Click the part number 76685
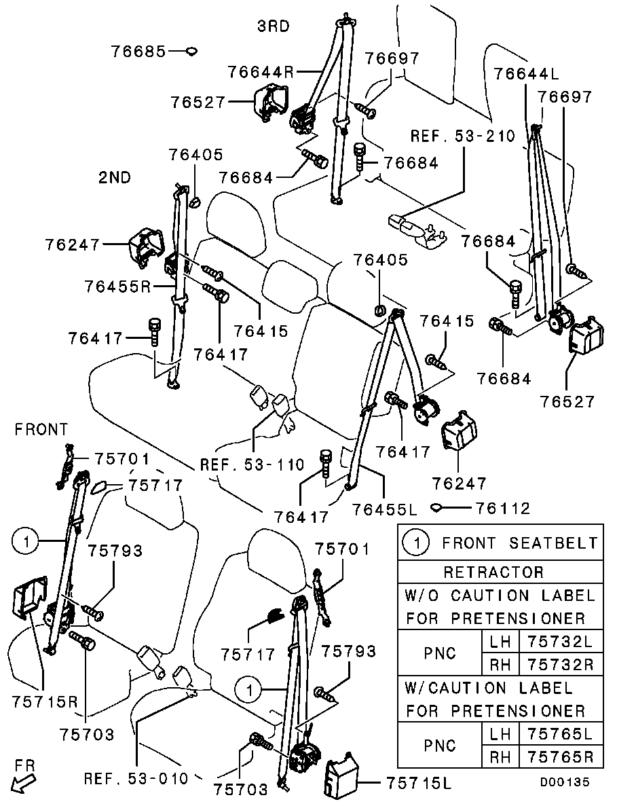tap(138, 51)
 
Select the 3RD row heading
tap(273, 26)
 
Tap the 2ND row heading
tap(115, 178)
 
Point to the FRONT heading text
tap(41, 429)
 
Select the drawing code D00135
tap(565, 782)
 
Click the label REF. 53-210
tap(463, 136)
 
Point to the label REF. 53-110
tap(252, 465)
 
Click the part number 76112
tap(502, 507)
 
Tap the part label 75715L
tap(418, 782)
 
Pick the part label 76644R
tap(261, 71)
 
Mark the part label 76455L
tap(384, 507)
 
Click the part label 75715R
tap(45, 701)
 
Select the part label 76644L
tap(526, 72)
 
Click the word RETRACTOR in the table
tap(493, 572)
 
